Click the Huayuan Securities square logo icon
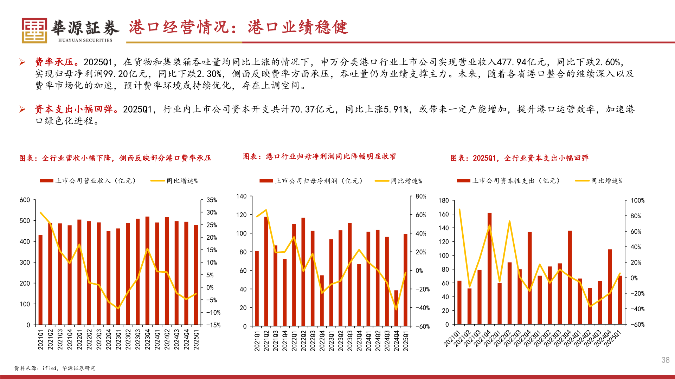pyautogui.click(x=34, y=31)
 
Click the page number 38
pyautogui.click(x=665, y=360)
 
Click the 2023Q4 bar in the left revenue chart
pyautogui.click(x=147, y=271)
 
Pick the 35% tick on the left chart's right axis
pyautogui.click(x=212, y=200)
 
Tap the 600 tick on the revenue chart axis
pyautogui.click(x=25, y=200)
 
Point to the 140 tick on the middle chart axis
pyautogui.click(x=241, y=196)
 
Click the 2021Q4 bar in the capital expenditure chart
pyautogui.click(x=489, y=268)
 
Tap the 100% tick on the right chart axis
pyautogui.click(x=637, y=201)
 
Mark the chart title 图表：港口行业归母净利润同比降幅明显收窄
pyautogui.click(x=319, y=157)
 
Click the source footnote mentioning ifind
pyautogui.click(x=55, y=368)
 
